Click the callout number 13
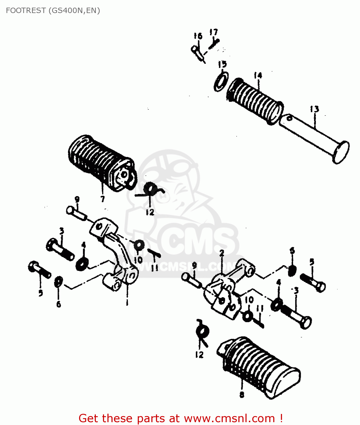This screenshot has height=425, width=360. click(x=314, y=109)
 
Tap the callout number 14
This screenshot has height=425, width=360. click(x=258, y=76)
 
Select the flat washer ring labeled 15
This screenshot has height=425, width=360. click(x=221, y=82)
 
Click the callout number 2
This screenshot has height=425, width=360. click(x=222, y=253)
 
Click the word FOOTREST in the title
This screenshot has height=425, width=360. click(x=26, y=10)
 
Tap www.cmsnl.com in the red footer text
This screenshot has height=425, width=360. click(x=229, y=418)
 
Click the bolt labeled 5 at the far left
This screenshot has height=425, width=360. click(x=39, y=270)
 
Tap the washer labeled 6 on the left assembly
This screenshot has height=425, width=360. click(x=58, y=282)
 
